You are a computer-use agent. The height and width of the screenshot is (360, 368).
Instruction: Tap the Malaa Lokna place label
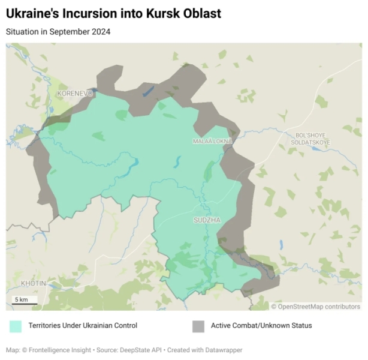click(212, 141)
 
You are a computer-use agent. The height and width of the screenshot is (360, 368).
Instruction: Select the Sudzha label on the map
click(207, 220)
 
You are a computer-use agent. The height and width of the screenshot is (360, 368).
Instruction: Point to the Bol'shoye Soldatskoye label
click(310, 139)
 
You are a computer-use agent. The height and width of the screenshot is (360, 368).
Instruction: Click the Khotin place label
click(33, 283)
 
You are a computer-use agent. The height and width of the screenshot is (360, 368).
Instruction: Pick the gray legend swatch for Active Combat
click(198, 326)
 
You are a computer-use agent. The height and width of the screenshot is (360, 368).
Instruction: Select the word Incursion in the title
click(91, 14)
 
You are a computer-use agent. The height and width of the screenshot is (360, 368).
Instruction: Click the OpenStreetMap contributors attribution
click(315, 307)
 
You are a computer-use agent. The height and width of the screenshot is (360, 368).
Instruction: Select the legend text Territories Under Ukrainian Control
click(82, 326)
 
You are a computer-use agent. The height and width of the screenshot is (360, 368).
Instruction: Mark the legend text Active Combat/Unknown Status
click(261, 326)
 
